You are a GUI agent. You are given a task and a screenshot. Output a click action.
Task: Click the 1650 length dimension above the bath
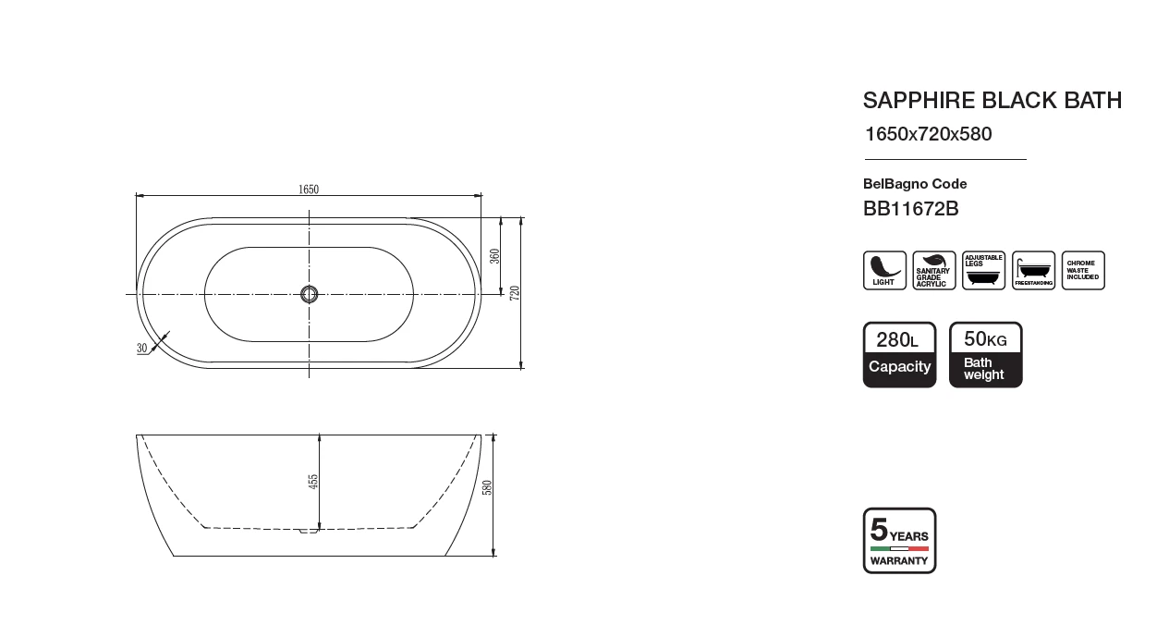[309, 189]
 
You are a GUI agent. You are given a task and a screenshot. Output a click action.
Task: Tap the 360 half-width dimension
[494, 256]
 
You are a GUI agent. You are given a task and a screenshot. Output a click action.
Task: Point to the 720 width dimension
[515, 293]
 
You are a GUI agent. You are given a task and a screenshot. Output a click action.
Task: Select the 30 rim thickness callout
[141, 348]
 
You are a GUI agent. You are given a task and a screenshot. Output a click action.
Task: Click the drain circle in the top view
[310, 295]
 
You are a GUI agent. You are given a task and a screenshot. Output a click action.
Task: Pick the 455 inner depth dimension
[313, 482]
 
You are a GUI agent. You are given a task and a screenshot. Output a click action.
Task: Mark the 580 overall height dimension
[487, 487]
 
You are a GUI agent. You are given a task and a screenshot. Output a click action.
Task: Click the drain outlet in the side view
[309, 531]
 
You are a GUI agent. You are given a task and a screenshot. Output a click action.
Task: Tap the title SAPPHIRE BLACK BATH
[992, 100]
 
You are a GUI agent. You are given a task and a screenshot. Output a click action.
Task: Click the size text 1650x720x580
[929, 134]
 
